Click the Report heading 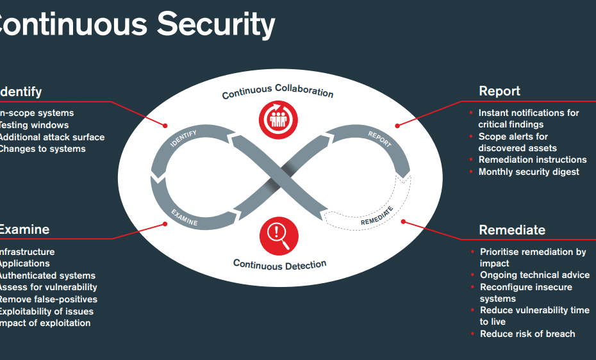(499, 91)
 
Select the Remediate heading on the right (512, 230)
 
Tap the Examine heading (24, 229)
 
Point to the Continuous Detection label (279, 264)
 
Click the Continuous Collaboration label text (277, 92)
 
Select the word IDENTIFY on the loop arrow (184, 139)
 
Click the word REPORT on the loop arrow (379, 138)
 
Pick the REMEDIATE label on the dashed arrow (377, 216)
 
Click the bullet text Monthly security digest (529, 172)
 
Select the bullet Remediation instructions (533, 160)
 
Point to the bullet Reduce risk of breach (527, 334)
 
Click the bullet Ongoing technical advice (534, 275)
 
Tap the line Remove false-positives (48, 299)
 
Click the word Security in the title (216, 24)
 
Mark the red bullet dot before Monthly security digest (472, 172)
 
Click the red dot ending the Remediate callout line (404, 222)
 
